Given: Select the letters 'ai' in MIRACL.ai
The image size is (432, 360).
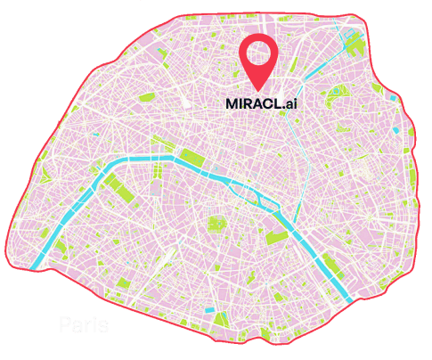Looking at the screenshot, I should [286, 103].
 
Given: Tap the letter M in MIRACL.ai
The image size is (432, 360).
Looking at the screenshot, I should [232, 103].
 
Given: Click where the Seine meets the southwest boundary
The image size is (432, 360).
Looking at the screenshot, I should [37, 264].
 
